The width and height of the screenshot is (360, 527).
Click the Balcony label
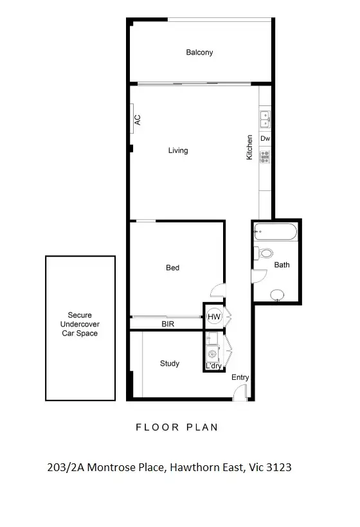pyautogui.click(x=199, y=52)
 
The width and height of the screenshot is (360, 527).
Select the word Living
pyautogui.click(x=178, y=150)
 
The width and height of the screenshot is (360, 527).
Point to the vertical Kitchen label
pyautogui.click(x=249, y=147)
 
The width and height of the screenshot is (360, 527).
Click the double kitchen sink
pyautogui.click(x=265, y=120)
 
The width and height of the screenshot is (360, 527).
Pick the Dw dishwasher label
pyautogui.click(x=265, y=138)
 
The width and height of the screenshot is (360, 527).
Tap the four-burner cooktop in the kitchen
pyautogui.click(x=265, y=155)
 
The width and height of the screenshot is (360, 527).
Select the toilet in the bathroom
pyautogui.click(x=264, y=253)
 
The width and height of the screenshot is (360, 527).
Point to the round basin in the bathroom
pyautogui.click(x=276, y=294)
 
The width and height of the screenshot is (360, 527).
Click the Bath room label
pyautogui.click(x=282, y=264)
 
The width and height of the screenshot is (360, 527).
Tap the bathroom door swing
pyautogui.click(x=257, y=276)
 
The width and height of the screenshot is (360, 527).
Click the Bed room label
pyautogui.click(x=172, y=267)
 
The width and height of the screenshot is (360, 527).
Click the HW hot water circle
pyautogui.click(x=213, y=316)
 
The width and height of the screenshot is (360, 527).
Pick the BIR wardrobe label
pyautogui.click(x=168, y=325)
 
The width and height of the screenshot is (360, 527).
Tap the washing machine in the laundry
pyautogui.click(x=212, y=352)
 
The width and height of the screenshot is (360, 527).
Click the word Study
pyautogui.click(x=170, y=363)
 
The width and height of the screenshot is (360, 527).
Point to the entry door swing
pyautogui.click(x=239, y=393)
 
